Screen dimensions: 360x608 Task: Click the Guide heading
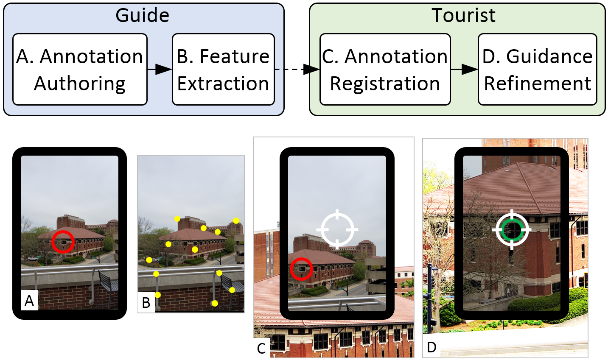click(x=143, y=16)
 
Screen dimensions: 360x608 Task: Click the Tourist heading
click(x=463, y=16)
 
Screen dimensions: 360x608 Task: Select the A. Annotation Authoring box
click(x=80, y=70)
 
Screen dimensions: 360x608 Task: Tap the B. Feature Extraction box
click(x=223, y=70)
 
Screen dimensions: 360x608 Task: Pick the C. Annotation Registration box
click(x=385, y=70)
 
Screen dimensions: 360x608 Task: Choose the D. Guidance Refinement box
click(x=537, y=70)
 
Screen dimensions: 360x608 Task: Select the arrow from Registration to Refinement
click(x=464, y=69)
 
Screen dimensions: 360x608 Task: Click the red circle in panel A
click(x=63, y=242)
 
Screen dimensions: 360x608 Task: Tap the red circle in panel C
click(x=301, y=269)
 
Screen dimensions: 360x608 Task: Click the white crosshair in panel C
click(x=337, y=229)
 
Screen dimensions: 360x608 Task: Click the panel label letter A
click(x=29, y=301)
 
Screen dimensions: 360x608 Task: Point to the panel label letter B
click(x=146, y=303)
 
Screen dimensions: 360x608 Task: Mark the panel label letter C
click(x=261, y=349)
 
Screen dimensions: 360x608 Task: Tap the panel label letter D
click(x=431, y=347)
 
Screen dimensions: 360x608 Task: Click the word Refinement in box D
click(x=538, y=84)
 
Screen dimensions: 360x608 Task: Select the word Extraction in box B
click(x=223, y=84)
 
